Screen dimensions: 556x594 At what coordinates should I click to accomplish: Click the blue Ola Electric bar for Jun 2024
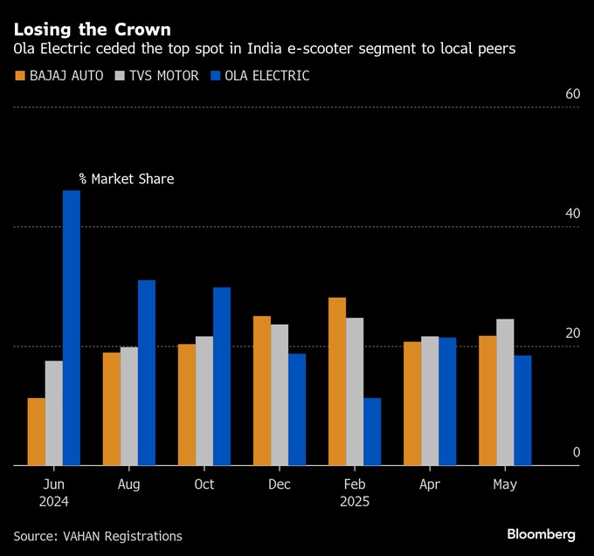(x=71, y=328)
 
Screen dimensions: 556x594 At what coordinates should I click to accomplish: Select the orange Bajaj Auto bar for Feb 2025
(x=337, y=381)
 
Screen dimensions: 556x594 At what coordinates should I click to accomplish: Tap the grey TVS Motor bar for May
(x=505, y=393)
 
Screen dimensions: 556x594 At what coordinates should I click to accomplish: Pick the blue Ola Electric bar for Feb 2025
(x=372, y=432)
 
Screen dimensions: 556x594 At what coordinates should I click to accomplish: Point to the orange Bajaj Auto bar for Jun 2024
(x=36, y=432)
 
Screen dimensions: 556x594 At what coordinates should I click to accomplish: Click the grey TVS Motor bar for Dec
(x=280, y=395)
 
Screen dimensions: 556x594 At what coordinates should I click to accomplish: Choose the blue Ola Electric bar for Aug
(x=147, y=373)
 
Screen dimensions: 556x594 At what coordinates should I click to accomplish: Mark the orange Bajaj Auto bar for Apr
(x=412, y=404)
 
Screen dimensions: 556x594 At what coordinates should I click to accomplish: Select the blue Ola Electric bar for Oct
(x=222, y=376)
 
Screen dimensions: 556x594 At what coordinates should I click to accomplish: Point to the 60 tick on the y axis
(x=572, y=94)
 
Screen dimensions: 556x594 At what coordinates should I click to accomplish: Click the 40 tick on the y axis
(x=572, y=214)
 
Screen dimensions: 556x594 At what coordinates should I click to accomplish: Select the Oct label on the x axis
(x=204, y=484)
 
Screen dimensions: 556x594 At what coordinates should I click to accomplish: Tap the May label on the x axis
(x=505, y=484)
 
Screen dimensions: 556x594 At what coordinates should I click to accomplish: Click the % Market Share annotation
(x=126, y=179)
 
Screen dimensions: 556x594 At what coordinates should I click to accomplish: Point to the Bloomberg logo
(x=541, y=533)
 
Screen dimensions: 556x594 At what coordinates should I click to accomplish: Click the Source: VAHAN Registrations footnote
(x=98, y=536)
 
